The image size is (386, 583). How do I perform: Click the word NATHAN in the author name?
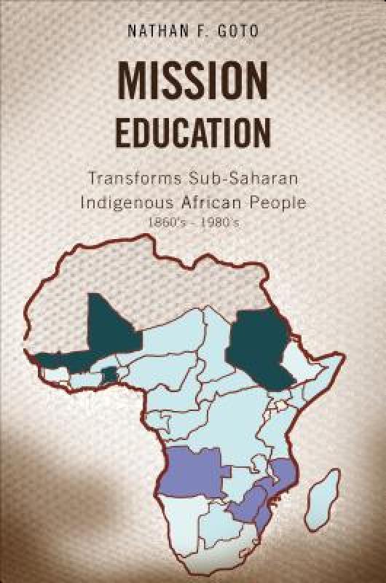(150, 32)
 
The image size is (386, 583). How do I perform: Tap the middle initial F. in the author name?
(197, 32)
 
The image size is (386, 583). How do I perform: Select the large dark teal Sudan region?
(259, 346)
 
